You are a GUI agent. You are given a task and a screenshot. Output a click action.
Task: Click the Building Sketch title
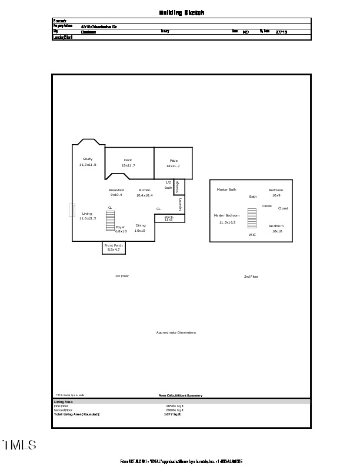point(182,12)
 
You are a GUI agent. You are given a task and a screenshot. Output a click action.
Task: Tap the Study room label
point(88,159)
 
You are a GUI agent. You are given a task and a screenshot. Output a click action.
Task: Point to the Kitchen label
point(145,190)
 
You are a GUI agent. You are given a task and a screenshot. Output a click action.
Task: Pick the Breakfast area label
point(116,190)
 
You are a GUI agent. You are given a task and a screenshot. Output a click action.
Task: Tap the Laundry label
point(180,205)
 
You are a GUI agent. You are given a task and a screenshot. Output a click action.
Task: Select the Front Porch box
point(114,248)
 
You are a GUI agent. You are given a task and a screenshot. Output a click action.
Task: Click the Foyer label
point(120,227)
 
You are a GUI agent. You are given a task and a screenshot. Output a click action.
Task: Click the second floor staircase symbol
point(252,218)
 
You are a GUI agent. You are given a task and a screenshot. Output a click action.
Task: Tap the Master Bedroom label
point(226,215)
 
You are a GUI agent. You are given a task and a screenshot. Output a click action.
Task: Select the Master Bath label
point(226,189)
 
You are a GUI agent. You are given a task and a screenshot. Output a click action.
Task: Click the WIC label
point(252,235)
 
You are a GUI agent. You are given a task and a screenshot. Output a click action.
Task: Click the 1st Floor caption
point(122,276)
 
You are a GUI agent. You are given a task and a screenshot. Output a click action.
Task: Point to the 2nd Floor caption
point(251,276)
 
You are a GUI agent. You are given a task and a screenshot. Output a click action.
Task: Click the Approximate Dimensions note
point(176,332)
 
